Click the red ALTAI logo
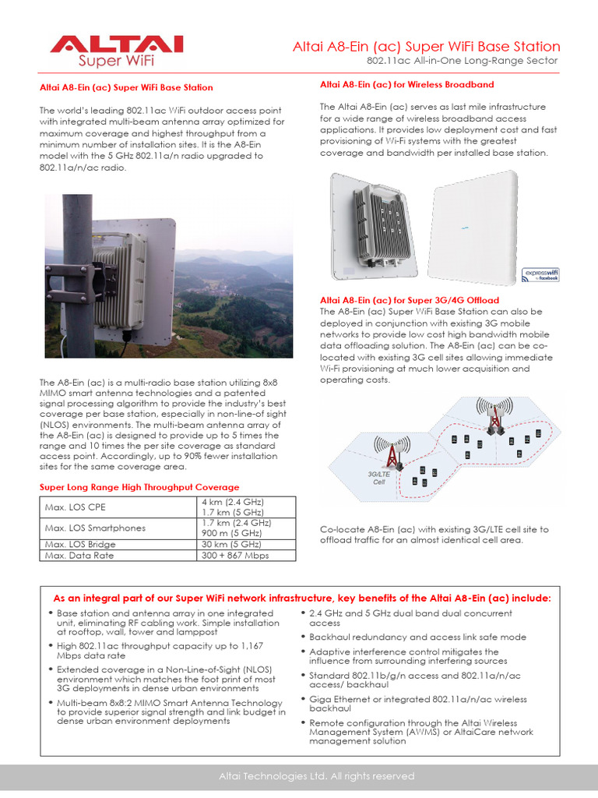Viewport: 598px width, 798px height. tap(116, 44)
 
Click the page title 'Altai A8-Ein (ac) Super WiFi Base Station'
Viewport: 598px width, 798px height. tap(426, 47)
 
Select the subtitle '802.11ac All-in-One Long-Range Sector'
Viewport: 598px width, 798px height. tap(463, 61)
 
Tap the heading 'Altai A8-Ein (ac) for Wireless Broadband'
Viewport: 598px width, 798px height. tap(406, 84)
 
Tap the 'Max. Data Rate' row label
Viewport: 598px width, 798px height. tap(79, 555)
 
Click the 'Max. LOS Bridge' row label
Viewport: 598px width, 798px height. tap(81, 544)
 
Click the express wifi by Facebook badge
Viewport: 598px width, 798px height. tap(542, 274)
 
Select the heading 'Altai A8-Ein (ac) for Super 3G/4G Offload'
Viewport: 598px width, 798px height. tap(410, 300)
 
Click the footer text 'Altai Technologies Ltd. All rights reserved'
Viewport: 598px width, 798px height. tap(316, 776)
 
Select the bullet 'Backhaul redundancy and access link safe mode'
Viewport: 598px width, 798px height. tap(417, 637)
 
